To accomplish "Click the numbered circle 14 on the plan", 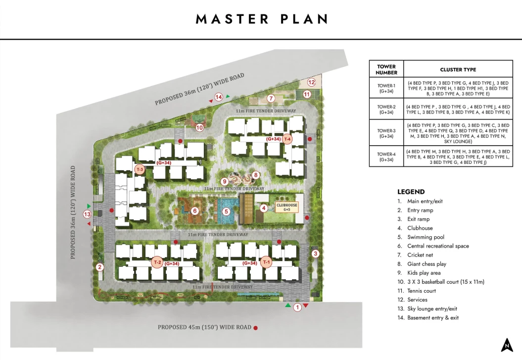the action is point(219,97).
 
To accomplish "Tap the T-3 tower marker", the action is point(140,169).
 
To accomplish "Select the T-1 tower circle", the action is point(266,262).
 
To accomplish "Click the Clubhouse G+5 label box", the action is point(286,207).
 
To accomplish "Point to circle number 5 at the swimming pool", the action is point(227,211).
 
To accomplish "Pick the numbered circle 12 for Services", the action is point(311,82).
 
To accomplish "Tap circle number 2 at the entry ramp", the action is point(99,267).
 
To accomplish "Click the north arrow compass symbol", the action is point(507,345).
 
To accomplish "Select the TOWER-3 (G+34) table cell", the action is point(386,133).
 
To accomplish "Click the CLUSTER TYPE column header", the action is point(458,69).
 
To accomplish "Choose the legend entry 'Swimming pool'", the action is point(426,237).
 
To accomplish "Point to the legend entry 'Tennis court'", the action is point(422,291).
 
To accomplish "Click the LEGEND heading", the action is point(411,192).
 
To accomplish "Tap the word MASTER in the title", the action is point(232,19).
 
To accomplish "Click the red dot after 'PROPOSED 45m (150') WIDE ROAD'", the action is point(256,328).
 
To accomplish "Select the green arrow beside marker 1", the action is point(288,305).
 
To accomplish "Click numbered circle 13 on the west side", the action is point(87,214).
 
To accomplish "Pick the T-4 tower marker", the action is point(287,139).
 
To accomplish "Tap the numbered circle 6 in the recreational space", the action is point(195,210).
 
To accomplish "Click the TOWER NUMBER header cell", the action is point(386,69).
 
